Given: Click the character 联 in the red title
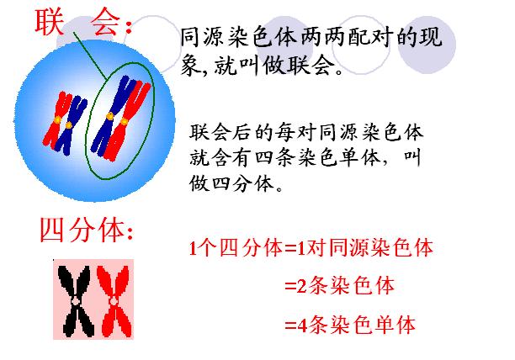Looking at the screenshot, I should pyautogui.click(x=51, y=21).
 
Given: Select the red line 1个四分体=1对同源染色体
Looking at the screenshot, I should pyautogui.click(x=311, y=249).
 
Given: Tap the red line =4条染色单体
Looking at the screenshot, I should pyautogui.click(x=349, y=326).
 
